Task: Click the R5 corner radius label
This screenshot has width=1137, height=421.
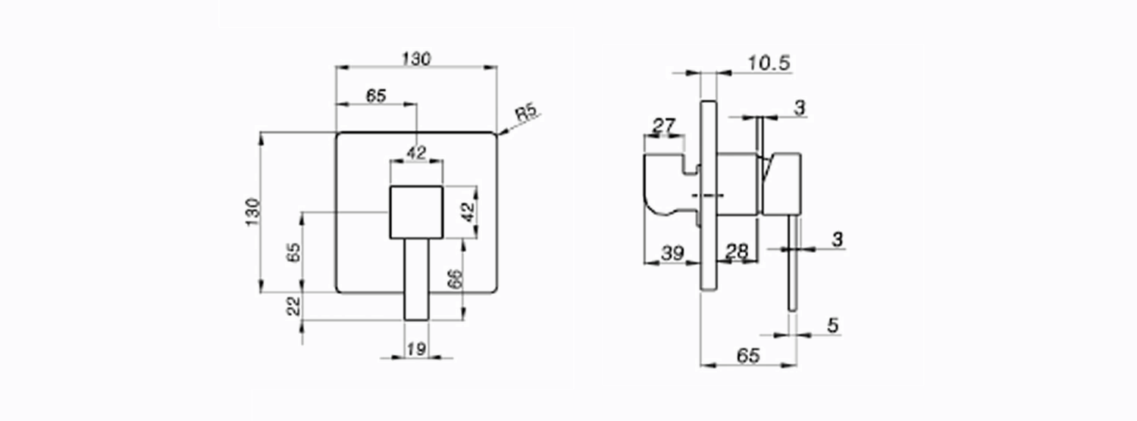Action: (x=526, y=113)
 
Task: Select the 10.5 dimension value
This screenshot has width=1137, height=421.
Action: (x=769, y=64)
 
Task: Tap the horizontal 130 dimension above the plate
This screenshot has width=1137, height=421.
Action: (x=416, y=59)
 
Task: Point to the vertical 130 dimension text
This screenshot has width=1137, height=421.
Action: (x=252, y=212)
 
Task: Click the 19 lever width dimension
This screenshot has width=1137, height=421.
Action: (x=416, y=349)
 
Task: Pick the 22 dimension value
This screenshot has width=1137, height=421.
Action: (x=294, y=307)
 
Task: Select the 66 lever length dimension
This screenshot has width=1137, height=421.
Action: (x=456, y=279)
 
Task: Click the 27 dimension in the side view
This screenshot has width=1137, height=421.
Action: (x=664, y=126)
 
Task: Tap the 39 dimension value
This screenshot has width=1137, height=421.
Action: (x=673, y=253)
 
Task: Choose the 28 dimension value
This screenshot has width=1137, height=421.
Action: (x=737, y=251)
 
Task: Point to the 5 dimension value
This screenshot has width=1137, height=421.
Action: (x=833, y=326)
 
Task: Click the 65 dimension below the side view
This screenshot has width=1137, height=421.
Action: (x=748, y=356)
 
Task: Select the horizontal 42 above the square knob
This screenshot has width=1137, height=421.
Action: (x=417, y=152)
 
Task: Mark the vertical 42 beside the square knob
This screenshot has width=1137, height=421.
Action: (x=469, y=212)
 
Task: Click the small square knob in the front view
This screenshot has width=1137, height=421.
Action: (x=416, y=212)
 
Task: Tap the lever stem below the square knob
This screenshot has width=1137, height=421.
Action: (x=416, y=279)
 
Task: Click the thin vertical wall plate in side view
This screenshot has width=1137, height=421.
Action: (x=709, y=195)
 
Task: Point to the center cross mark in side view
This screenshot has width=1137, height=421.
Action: (x=707, y=195)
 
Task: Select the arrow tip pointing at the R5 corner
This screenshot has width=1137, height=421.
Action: (x=499, y=135)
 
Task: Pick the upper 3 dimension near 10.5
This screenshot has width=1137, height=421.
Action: (x=800, y=108)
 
